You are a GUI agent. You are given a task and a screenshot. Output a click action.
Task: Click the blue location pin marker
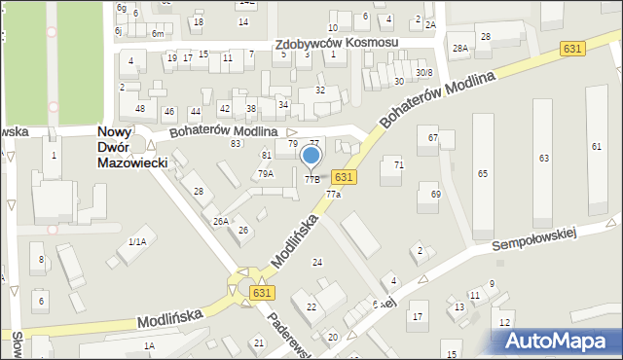[x=311, y=157]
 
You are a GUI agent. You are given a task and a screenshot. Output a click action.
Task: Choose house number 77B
[x=312, y=179]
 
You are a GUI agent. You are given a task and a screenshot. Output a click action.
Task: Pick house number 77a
[x=333, y=195]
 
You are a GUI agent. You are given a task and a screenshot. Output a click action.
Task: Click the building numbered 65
[x=482, y=172]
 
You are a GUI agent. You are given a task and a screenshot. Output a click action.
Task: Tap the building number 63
[x=544, y=158]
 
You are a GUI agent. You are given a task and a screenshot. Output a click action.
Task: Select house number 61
[x=596, y=146]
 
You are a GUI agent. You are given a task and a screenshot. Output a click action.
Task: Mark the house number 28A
[x=459, y=47]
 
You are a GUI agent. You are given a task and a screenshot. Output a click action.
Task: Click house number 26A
[x=221, y=221]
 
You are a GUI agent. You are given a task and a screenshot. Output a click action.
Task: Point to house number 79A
[x=265, y=174]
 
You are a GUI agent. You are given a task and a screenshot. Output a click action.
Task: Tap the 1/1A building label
[x=137, y=241]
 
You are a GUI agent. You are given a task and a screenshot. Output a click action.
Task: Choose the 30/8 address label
[x=424, y=72]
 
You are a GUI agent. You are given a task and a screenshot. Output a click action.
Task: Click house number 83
[x=236, y=144]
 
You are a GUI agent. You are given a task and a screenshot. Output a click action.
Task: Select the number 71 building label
[x=398, y=165]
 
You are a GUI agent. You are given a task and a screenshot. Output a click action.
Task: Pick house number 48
[x=140, y=108]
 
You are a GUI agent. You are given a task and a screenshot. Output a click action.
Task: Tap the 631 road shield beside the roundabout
[x=261, y=292]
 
